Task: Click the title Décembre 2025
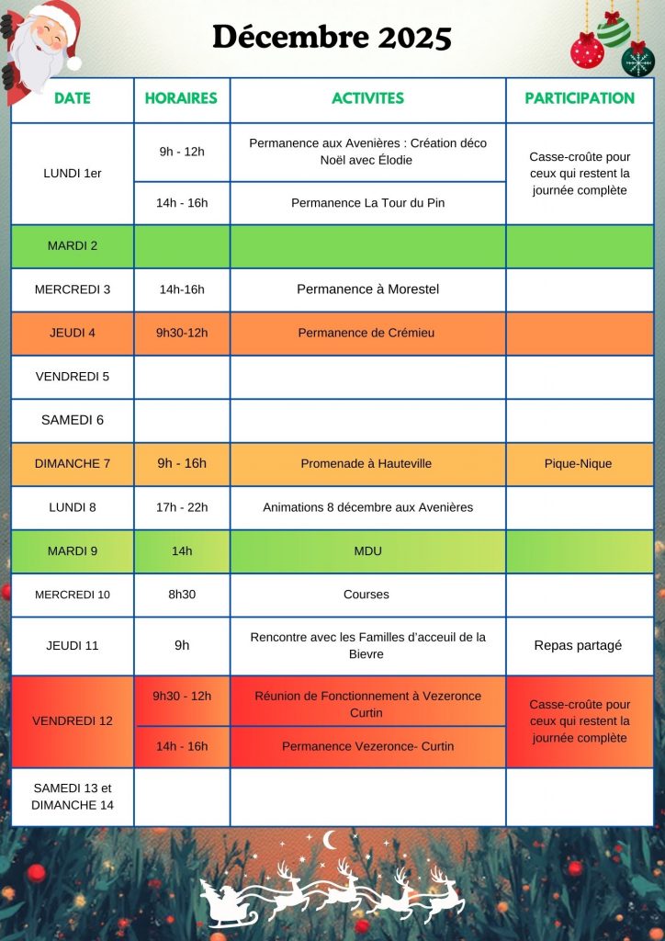tap(332, 38)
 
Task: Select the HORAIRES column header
tap(181, 98)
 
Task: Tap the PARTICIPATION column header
tap(579, 98)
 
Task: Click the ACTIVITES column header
tap(367, 98)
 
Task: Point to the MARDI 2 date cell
tap(73, 245)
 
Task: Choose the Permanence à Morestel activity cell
tap(367, 289)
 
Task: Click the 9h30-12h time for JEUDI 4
tap(182, 333)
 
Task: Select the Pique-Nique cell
tap(579, 464)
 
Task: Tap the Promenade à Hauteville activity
tap(367, 464)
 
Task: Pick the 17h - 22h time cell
tap(182, 507)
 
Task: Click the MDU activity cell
tap(367, 551)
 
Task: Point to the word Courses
tap(366, 595)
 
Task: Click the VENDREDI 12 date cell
tap(73, 721)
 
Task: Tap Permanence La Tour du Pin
tap(367, 203)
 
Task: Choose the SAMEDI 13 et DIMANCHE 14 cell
tap(73, 797)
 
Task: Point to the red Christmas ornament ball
tap(587, 51)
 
